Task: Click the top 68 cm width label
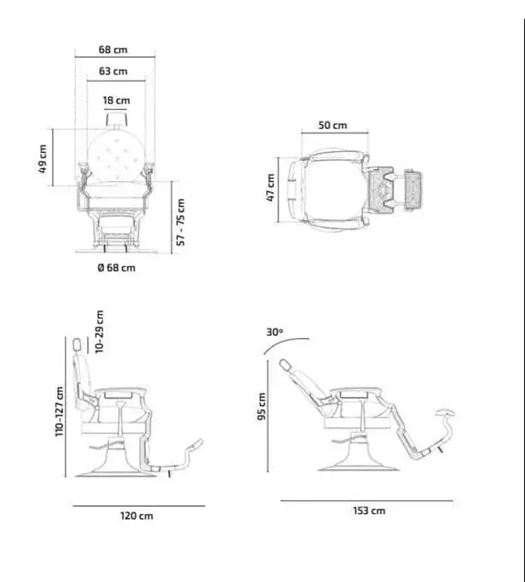113,49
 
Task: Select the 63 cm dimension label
113,71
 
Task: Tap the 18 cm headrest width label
116,100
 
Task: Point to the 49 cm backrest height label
43,159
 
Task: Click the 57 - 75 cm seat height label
181,222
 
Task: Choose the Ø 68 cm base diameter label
116,268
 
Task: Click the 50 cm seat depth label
333,125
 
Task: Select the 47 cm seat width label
271,188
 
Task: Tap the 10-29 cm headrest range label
99,332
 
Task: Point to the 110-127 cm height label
59,411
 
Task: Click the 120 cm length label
136,516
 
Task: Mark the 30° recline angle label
275,332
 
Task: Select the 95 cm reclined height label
262,406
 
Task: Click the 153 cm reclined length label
369,511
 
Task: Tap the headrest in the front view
116,119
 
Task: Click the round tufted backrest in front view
116,157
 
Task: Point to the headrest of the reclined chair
285,365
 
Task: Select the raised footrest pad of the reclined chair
445,412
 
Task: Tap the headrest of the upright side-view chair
77,344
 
